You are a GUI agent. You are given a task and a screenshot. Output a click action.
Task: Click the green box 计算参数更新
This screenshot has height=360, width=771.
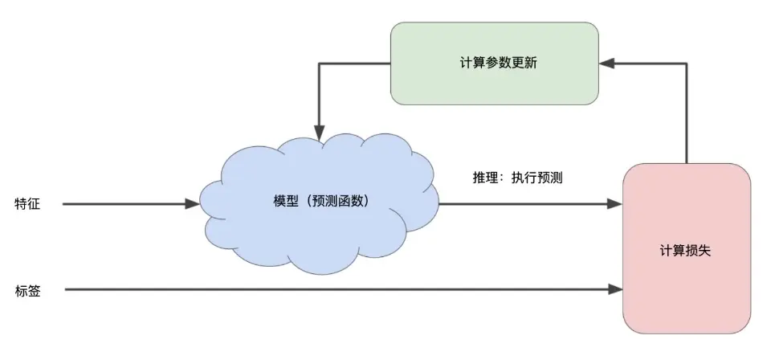494,63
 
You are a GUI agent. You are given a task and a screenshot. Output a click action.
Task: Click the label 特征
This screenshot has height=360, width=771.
27,204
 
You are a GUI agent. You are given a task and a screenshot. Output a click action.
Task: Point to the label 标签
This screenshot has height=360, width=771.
27,290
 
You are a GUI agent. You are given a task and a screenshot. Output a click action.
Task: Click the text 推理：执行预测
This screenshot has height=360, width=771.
517,178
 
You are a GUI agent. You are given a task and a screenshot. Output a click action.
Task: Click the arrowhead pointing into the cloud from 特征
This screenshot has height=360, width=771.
192,204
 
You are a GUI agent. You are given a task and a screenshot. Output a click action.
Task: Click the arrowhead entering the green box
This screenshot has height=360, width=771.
607,63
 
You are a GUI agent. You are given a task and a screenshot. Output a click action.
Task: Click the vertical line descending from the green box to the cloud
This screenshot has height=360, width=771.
320,96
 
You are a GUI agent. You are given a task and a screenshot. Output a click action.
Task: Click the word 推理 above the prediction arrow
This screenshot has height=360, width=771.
484,178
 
